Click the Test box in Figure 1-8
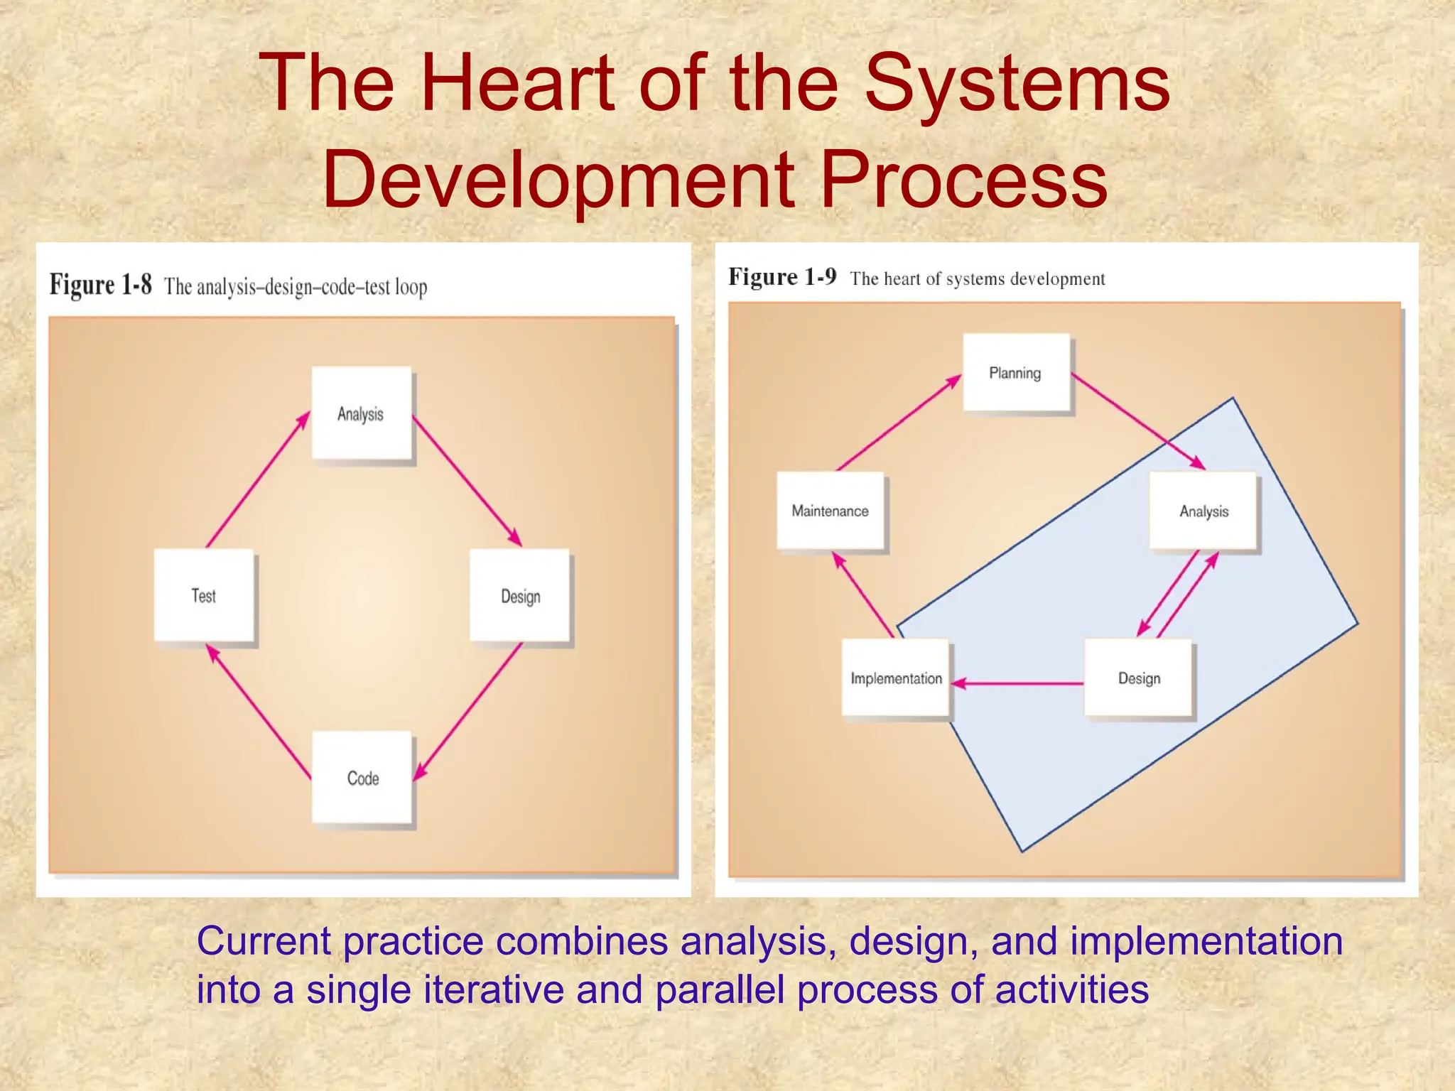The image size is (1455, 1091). [x=204, y=595]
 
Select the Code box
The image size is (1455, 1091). [x=362, y=777]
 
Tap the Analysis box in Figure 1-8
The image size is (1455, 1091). [x=362, y=413]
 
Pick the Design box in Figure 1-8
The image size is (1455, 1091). [x=520, y=595]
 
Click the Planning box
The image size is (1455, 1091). [x=1016, y=373]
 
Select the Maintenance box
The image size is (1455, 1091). [x=831, y=511]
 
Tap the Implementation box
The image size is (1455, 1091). [x=896, y=678]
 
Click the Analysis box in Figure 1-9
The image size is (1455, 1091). [x=1204, y=511]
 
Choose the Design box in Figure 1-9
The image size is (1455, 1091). [x=1138, y=678]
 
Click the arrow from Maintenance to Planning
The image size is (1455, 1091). [x=898, y=423]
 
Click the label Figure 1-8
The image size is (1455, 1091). [x=100, y=285]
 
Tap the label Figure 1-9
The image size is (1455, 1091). [x=782, y=276]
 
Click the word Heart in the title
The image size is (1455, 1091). [x=516, y=83]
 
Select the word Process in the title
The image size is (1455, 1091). [x=963, y=179]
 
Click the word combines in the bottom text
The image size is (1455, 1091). [x=581, y=941]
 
